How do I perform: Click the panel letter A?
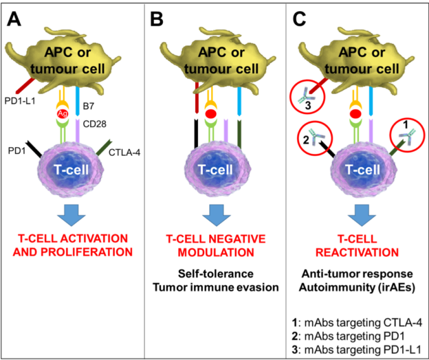pos(14,19)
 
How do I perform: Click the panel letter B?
pos(157,19)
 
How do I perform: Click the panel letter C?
pos(299,19)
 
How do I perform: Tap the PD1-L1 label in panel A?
pos(20,101)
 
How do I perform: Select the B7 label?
pos(89,106)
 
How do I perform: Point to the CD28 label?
pos(94,124)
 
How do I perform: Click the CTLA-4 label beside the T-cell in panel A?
pos(124,153)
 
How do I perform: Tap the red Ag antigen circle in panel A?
pos(63,113)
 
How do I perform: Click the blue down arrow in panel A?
pos(71,215)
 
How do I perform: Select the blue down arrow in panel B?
pos(217,215)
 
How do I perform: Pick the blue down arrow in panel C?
pos(362,215)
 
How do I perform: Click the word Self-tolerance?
pos(216,274)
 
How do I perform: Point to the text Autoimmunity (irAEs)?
pos(357,288)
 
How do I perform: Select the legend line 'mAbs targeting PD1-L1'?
pos(356,350)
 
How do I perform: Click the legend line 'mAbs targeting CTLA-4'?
pos(357,323)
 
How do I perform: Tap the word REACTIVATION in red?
pos(357,253)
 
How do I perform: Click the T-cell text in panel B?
pos(215,170)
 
